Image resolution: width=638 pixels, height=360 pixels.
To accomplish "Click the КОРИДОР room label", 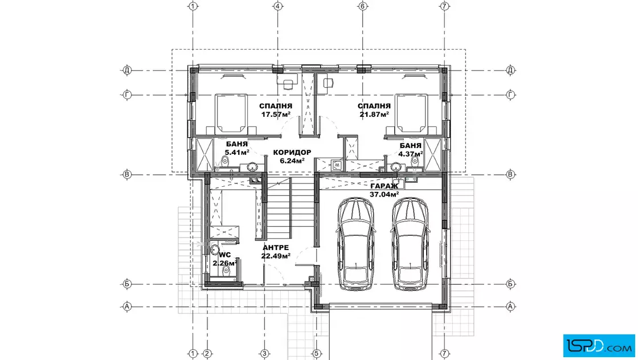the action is [292, 153].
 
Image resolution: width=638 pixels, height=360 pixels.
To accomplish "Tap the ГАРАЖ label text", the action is [384, 186].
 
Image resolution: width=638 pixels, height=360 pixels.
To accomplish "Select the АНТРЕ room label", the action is [276, 247].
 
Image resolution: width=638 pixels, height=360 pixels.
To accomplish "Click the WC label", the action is [225, 255].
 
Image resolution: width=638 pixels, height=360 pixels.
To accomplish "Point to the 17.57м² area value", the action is [276, 114].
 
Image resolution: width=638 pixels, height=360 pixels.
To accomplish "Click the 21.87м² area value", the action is [374, 114].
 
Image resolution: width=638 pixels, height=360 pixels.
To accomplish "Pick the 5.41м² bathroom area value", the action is [237, 153].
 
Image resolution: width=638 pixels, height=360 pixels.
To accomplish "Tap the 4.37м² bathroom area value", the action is [411, 154].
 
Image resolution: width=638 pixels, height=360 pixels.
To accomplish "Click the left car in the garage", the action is [356, 244].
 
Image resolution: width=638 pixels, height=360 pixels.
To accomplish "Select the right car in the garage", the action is [410, 244].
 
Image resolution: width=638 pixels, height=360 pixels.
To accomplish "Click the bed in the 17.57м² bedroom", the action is [231, 113].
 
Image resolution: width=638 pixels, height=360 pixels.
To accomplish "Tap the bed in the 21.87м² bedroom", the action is [411, 113].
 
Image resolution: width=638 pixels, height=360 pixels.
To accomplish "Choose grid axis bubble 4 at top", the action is [278, 6].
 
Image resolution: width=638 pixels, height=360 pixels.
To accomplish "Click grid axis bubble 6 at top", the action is [362, 6].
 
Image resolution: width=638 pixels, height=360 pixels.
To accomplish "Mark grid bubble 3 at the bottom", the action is [264, 354].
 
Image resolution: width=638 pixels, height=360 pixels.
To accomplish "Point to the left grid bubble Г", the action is [127, 95].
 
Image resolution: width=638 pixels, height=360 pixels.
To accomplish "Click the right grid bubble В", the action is [510, 174].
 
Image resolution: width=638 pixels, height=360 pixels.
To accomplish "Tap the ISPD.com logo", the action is [599, 346].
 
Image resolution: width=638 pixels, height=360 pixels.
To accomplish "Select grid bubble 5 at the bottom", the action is [316, 354].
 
